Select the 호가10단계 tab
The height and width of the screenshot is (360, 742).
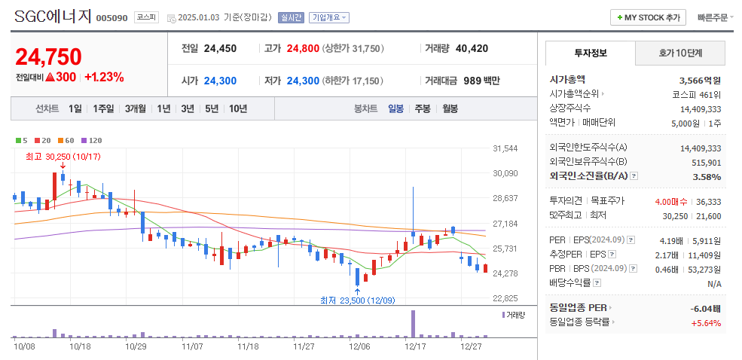680,53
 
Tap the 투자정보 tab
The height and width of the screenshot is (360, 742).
590,53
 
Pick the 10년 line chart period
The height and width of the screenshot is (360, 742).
237,108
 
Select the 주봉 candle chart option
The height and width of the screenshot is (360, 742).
422,108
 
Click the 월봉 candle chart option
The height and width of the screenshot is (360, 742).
450,108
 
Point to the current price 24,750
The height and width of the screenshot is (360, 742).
48,56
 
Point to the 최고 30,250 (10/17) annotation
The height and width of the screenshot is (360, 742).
63,157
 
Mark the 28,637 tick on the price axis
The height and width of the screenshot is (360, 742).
504,198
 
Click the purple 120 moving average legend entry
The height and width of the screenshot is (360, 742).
91,140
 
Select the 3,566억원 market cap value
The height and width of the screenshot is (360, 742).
700,80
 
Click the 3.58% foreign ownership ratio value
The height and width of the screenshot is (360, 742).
707,175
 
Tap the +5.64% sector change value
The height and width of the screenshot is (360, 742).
706,323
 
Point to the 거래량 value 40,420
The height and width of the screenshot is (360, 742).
472,48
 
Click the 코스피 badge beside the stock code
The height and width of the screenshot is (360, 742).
147,17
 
